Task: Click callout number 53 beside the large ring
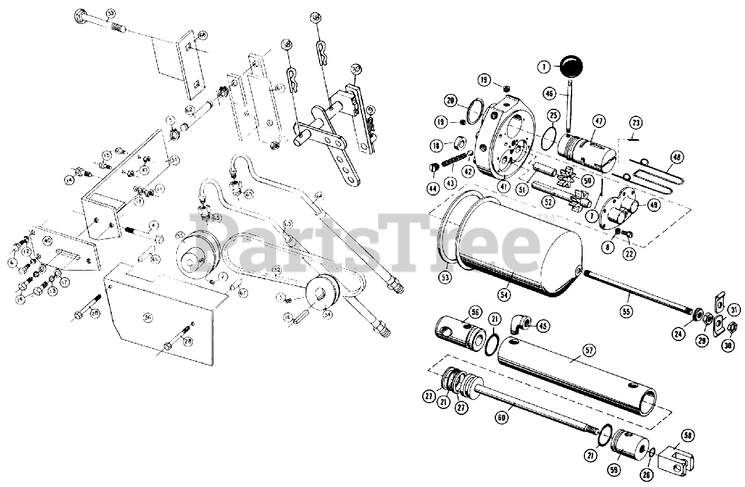pyautogui.click(x=445, y=277)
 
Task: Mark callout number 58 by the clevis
pyautogui.click(x=688, y=435)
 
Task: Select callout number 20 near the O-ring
pyautogui.click(x=449, y=101)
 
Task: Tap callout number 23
pyautogui.click(x=636, y=123)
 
